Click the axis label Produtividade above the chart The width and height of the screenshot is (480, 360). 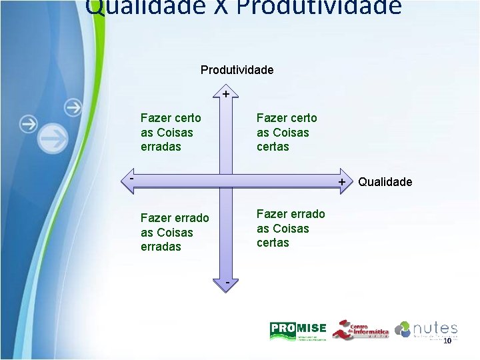coord(237,70)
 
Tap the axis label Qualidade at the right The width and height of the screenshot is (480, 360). coord(385,182)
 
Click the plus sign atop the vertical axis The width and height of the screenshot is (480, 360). coord(227,94)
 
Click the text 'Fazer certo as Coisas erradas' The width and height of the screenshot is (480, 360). coord(171,132)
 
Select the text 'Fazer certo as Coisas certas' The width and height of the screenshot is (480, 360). coord(287,132)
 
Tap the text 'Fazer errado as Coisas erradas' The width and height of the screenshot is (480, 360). coord(175,232)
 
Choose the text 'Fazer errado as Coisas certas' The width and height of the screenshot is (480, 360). coord(291,228)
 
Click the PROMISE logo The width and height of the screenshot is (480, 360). coord(298,330)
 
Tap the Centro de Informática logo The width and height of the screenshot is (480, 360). coord(360,330)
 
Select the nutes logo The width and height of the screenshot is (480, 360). coord(426,329)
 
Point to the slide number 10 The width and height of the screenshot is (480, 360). coord(447,341)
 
